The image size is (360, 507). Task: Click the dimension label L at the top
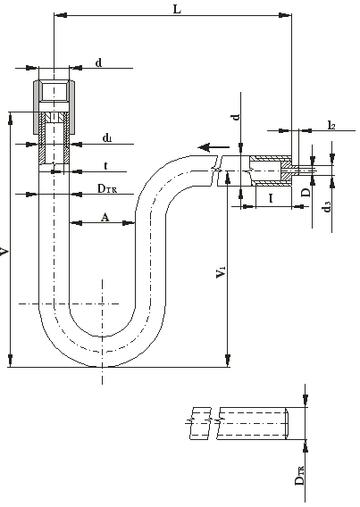point(177,10)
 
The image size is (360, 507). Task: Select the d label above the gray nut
point(98,62)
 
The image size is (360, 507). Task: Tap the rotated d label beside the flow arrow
point(237,116)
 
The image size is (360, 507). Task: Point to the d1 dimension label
point(107,138)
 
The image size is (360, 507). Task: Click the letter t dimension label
point(105,166)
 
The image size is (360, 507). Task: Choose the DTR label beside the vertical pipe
point(107,188)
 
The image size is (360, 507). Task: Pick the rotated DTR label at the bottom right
point(299,475)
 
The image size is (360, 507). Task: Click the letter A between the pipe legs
point(105,217)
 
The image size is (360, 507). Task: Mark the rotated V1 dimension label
point(221,271)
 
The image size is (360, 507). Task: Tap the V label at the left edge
point(4,252)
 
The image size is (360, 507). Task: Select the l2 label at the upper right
point(331,125)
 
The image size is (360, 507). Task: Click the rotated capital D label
point(306,193)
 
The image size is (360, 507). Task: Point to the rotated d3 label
point(327,206)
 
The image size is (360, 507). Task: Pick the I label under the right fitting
point(271,198)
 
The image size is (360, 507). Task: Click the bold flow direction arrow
point(213,148)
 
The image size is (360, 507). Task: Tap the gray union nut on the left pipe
point(54,107)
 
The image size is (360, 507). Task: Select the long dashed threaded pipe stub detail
point(252,423)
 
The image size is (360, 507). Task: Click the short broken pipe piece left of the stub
point(200,423)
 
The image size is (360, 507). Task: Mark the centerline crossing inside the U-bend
point(103,303)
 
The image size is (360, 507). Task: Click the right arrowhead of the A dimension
point(129,223)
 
